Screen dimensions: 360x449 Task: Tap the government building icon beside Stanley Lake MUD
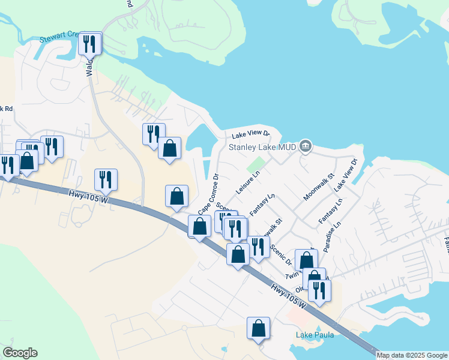(x=306, y=146)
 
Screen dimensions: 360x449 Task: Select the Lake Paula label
(x=315, y=334)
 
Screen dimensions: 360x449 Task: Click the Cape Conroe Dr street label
(x=208, y=195)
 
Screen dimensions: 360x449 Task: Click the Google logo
(x=20, y=353)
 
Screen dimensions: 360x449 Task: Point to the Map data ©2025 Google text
(x=412, y=355)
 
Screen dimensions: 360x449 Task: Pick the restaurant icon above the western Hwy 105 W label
(x=106, y=179)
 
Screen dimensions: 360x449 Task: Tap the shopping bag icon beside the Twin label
(x=306, y=260)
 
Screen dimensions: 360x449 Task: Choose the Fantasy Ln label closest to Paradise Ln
(x=331, y=212)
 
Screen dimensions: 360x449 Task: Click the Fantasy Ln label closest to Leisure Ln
(x=262, y=205)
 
